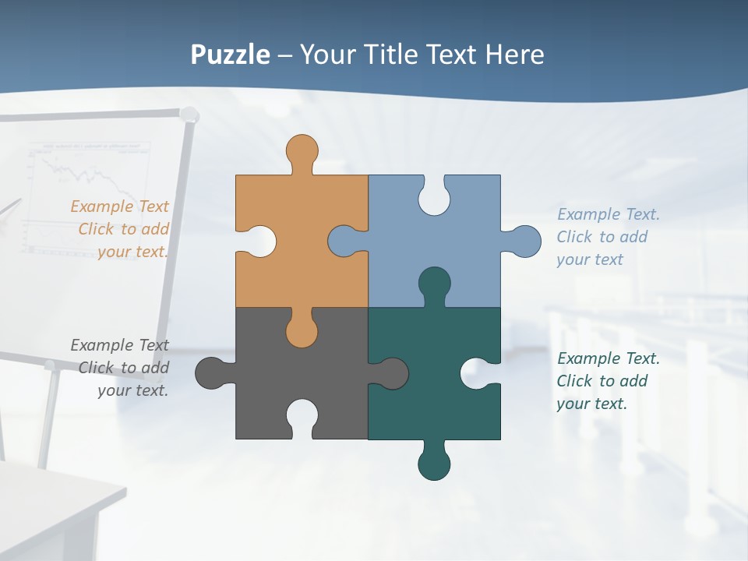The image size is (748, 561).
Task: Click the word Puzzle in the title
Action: point(231,55)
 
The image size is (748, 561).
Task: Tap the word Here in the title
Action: point(514,55)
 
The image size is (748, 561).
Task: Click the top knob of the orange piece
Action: point(302,150)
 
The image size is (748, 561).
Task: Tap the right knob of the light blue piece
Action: point(524,242)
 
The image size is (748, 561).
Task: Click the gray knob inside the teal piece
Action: point(391,373)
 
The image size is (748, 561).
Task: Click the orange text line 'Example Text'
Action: point(119,206)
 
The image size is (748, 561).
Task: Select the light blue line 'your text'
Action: point(590,259)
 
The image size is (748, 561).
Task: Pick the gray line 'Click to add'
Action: point(124,368)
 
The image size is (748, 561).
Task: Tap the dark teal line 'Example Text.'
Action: point(609,358)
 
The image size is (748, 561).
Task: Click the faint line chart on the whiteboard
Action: point(86,187)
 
